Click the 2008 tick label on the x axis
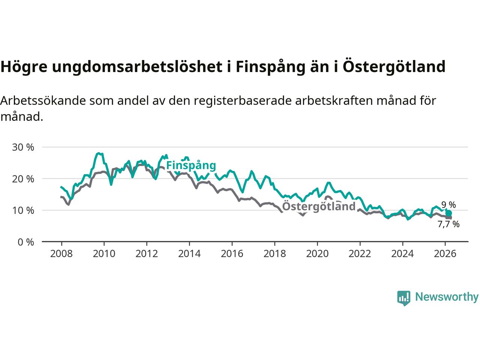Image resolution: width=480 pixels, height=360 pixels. (x=61, y=254)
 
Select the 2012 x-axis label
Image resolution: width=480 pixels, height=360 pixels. (x=147, y=254)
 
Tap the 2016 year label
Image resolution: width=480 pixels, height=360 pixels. (x=232, y=254)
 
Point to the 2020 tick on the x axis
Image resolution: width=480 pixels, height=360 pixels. (x=317, y=254)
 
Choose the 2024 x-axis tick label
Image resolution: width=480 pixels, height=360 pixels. (x=402, y=254)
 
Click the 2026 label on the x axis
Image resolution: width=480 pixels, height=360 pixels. (x=445, y=254)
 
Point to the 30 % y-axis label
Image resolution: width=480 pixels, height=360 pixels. (x=23, y=147)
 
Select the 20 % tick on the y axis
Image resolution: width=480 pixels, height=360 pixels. (x=23, y=179)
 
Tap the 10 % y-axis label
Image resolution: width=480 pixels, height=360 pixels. (x=23, y=210)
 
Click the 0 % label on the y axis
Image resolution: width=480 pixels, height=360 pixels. (x=25, y=242)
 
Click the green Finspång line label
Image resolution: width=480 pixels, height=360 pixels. (x=191, y=165)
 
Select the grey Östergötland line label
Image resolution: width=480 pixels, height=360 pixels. (x=318, y=206)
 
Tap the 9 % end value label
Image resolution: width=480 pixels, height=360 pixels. (x=448, y=205)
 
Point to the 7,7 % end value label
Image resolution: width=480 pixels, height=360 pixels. (x=448, y=224)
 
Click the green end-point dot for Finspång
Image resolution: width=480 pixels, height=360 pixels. (x=448, y=213)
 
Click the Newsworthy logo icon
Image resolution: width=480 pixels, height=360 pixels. (x=403, y=298)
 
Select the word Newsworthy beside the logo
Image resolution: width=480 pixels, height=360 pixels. (x=447, y=297)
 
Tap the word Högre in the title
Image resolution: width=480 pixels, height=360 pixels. (x=23, y=67)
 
